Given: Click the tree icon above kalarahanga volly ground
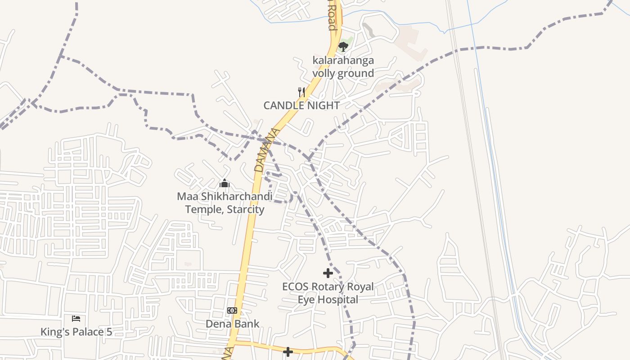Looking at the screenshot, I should (x=343, y=46).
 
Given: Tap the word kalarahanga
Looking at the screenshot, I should (x=343, y=60).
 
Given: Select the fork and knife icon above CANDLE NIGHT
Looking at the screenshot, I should (x=301, y=92).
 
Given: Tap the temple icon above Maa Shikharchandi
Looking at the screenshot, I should (x=225, y=184).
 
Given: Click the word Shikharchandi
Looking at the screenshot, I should (x=236, y=197).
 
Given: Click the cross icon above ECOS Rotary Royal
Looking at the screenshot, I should (x=328, y=273).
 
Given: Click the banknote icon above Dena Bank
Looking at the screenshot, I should (x=232, y=310).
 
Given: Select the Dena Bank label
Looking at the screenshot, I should (x=233, y=324).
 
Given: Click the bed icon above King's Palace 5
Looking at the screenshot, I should (x=76, y=319).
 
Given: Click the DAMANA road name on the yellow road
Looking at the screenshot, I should (x=267, y=150).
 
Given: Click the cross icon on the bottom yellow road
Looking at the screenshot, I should (x=288, y=351).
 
